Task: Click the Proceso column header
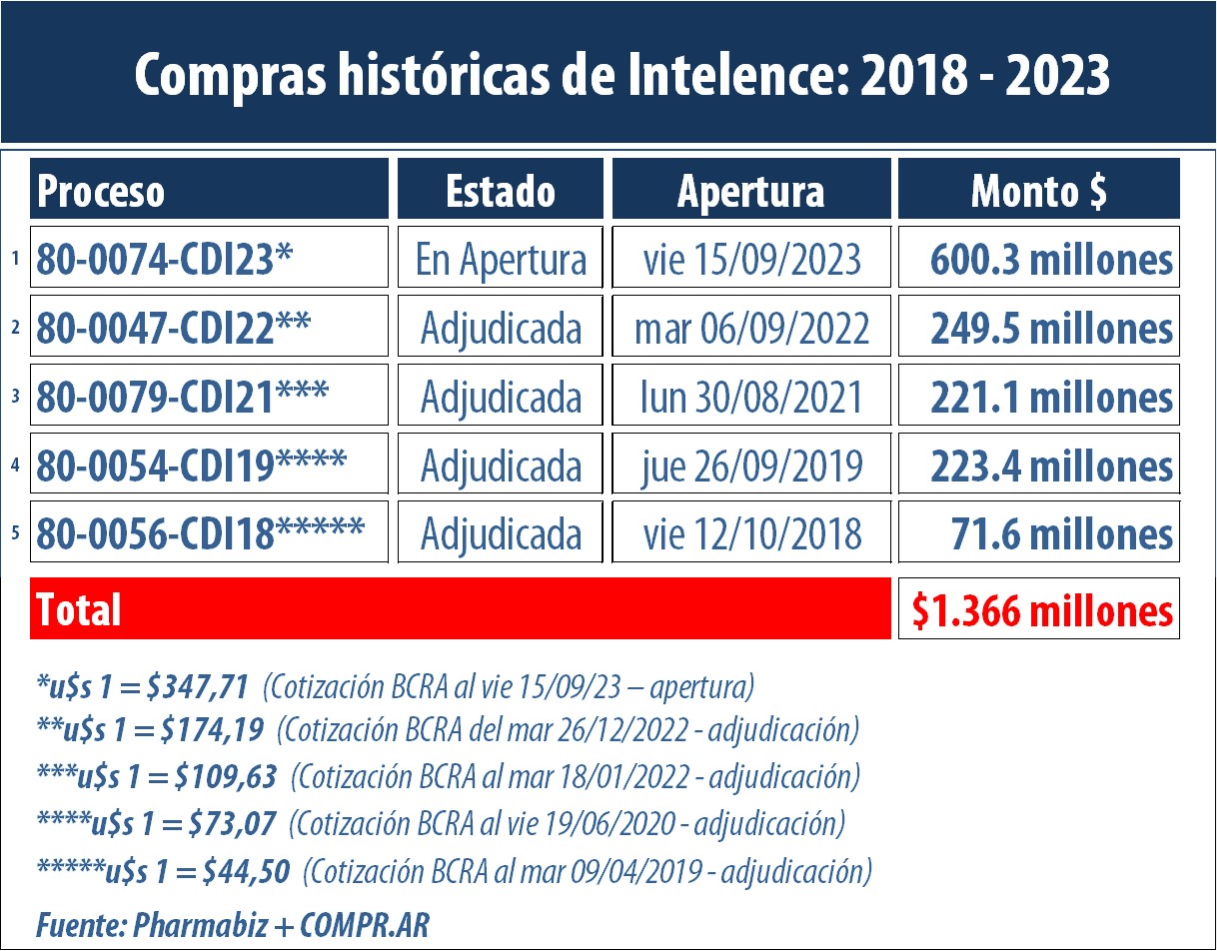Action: (x=101, y=191)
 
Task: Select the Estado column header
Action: (x=501, y=191)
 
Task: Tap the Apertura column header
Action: (x=750, y=191)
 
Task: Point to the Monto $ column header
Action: (x=1038, y=191)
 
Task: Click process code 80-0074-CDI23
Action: (x=166, y=260)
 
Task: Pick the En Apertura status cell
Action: (x=501, y=260)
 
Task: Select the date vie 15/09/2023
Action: (x=751, y=260)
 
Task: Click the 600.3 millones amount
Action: (x=1050, y=260)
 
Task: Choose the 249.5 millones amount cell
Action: (x=1050, y=329)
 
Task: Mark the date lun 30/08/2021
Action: (x=751, y=398)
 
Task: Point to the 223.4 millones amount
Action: (x=1050, y=466)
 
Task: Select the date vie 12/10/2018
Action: (x=751, y=534)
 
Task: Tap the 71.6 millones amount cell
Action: (x=1062, y=534)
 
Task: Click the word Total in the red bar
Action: (x=78, y=609)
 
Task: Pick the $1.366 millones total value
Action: (x=1040, y=609)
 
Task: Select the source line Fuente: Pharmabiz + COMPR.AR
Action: (x=232, y=924)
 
